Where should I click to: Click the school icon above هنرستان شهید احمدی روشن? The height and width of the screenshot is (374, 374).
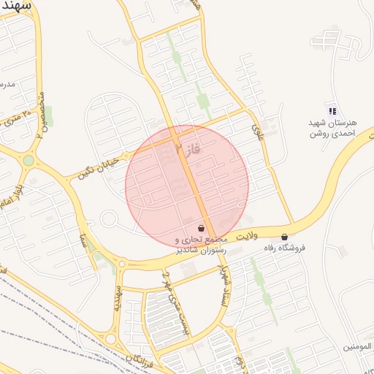point(332,111)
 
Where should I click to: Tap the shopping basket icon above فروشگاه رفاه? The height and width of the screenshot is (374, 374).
point(284,237)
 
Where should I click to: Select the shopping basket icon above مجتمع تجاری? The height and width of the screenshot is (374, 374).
point(201,229)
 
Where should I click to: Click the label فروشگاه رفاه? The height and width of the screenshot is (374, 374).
point(284,248)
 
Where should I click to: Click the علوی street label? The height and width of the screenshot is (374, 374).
point(257,132)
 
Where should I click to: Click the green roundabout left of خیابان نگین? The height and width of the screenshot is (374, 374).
point(28,160)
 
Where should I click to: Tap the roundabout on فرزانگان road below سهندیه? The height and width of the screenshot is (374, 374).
point(111,339)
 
